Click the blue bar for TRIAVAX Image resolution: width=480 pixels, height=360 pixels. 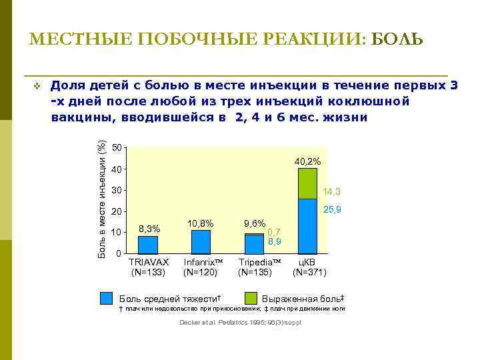click(148, 245)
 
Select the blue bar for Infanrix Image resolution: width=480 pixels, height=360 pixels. click(201, 243)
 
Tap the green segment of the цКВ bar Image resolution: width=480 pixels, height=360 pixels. click(307, 183)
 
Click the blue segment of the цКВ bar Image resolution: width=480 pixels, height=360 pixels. click(307, 227)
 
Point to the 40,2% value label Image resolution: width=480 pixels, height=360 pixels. click(307, 161)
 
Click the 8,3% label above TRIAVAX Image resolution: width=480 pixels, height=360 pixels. click(149, 229)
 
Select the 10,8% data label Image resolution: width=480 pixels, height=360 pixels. click(201, 223)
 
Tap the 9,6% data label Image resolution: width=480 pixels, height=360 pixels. click(254, 224)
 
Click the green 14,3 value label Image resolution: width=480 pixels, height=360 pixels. click(332, 192)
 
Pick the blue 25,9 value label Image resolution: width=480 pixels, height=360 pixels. click(332, 210)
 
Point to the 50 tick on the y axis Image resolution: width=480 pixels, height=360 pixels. click(117, 147)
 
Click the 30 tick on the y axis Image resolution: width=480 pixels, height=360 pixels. click(117, 191)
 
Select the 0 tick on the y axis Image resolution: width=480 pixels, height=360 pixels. click(119, 254)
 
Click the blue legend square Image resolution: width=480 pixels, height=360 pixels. click(106, 298)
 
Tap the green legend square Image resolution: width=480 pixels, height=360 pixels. click(251, 298)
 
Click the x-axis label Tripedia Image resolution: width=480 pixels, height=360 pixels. click(259, 262)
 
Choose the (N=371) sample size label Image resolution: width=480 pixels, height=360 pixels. click(309, 272)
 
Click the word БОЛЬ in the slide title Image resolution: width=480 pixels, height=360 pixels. click(397, 39)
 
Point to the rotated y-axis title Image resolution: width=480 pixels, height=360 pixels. click(102, 200)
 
